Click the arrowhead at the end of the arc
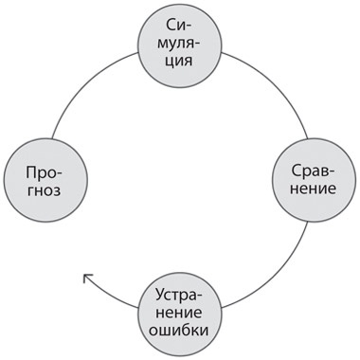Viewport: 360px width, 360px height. pyautogui.click(x=86, y=278)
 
